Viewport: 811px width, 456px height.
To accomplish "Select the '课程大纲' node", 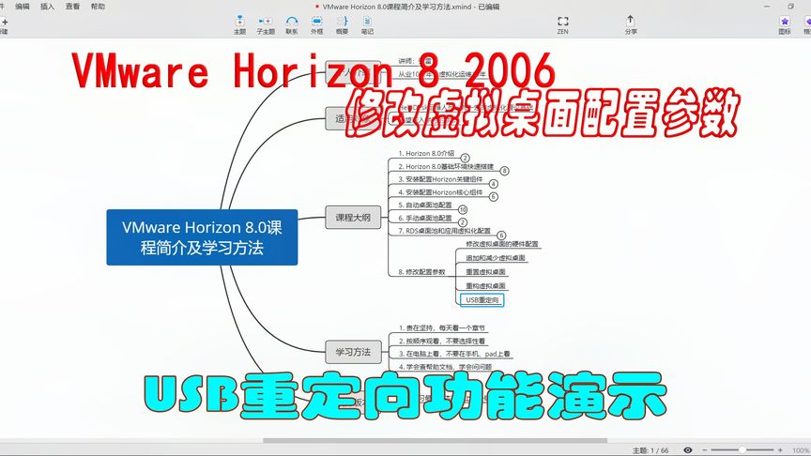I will point(353,217).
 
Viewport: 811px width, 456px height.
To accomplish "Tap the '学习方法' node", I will point(353,352).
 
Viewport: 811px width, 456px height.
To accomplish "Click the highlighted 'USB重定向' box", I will point(483,299).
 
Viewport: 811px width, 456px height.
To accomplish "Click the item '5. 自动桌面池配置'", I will point(424,205).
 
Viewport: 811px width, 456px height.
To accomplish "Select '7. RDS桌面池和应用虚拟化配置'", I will point(444,230).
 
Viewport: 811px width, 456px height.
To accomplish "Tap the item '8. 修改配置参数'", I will point(421,271).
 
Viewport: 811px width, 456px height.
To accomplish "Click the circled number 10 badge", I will point(463,209).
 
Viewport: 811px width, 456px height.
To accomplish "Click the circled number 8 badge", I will point(504,171).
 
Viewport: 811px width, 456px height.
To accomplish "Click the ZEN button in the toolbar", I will point(562,23).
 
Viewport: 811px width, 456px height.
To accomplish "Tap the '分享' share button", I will point(630,23).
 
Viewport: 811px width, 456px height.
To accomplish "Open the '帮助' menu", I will point(99,6).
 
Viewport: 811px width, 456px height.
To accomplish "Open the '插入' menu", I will point(47,6).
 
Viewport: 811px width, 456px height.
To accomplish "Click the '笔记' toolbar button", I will point(367,23).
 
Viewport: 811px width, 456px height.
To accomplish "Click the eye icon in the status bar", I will point(688,450).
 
